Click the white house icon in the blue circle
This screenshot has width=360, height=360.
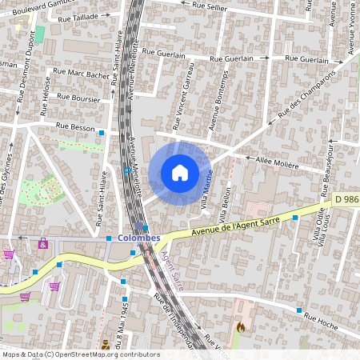pos(180,173)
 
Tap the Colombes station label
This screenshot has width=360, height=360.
pos(139,238)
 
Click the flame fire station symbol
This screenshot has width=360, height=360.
pos(242,327)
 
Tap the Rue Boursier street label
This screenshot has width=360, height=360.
pos(79,100)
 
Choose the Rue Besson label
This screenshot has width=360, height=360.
pos(74,126)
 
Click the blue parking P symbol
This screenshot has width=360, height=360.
pos(126,170)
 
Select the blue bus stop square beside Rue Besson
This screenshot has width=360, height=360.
pos(102,132)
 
